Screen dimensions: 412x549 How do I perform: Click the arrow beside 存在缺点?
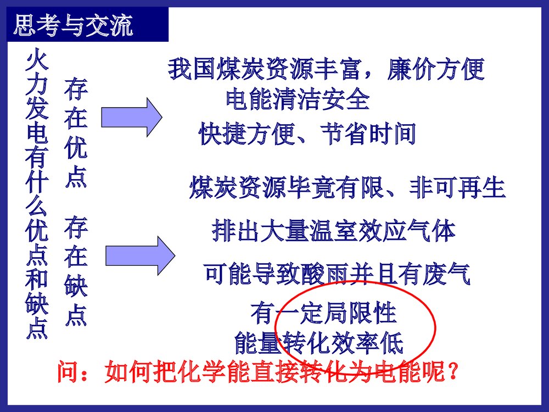pyautogui.click(x=139, y=255)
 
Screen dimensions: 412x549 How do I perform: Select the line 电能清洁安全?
pyautogui.click(x=298, y=100)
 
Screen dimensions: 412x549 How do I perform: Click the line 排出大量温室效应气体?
pyautogui.click(x=334, y=231)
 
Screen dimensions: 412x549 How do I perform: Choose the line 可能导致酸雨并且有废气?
pyautogui.click(x=337, y=274)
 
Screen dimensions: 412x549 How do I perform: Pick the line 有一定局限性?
pyautogui.click(x=323, y=313)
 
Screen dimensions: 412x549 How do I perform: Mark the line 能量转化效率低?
pyautogui.click(x=318, y=343)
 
